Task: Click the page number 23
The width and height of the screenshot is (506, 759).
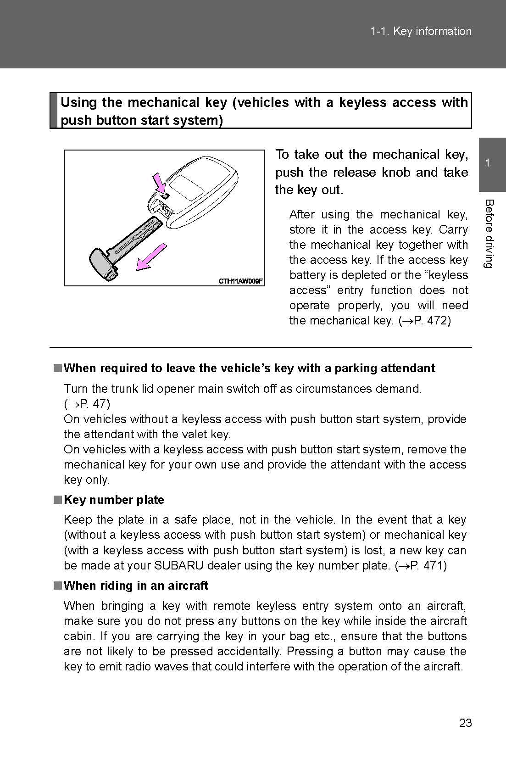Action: tap(465, 723)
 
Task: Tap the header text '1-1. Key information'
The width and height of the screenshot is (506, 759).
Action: tap(421, 31)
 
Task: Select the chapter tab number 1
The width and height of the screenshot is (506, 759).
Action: tap(488, 163)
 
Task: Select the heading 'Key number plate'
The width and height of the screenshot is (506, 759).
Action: tap(114, 500)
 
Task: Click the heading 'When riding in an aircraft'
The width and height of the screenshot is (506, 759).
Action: tap(136, 586)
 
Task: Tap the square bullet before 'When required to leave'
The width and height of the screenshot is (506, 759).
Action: tap(57, 368)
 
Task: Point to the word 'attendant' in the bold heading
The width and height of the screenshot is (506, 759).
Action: tap(408, 368)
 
